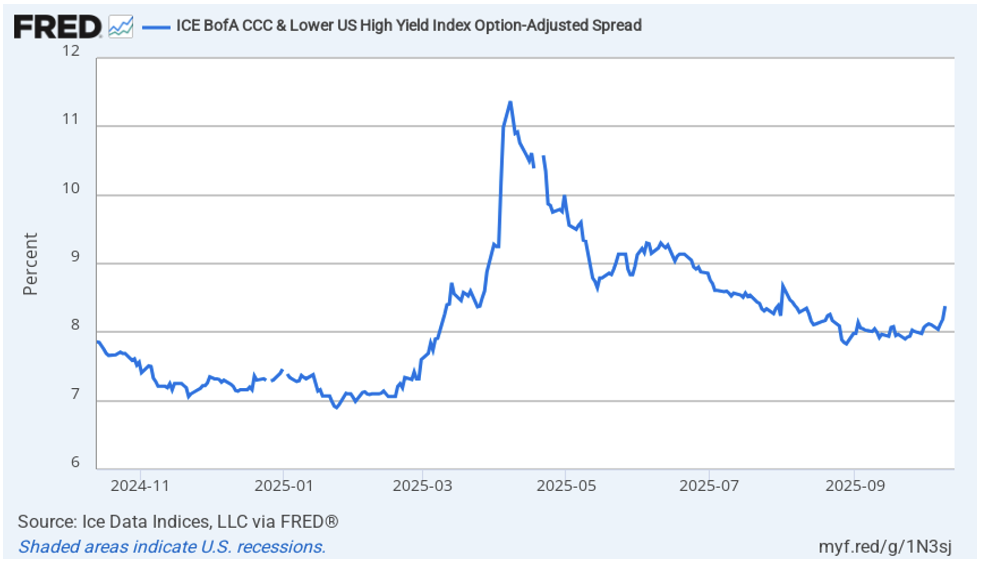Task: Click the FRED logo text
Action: coord(57,26)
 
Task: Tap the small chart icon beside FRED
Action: coord(120,26)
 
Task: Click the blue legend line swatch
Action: coord(156,27)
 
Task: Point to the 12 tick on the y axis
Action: coord(71,51)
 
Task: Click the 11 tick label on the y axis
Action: coord(71,119)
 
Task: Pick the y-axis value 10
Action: coord(71,188)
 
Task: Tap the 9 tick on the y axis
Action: coord(75,257)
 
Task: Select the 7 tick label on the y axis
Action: coord(75,394)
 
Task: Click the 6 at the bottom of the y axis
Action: coord(75,462)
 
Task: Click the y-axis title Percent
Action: coord(30,264)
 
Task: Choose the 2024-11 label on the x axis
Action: coord(140,486)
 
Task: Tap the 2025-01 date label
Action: coord(284,486)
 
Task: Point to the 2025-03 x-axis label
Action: coord(423,486)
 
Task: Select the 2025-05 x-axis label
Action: coord(566,486)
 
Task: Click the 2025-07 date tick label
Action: coord(709,486)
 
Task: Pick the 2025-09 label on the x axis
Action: coord(855,486)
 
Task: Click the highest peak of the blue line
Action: coord(510,102)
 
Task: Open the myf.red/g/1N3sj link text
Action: coord(885,547)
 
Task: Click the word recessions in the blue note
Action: coord(281,547)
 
